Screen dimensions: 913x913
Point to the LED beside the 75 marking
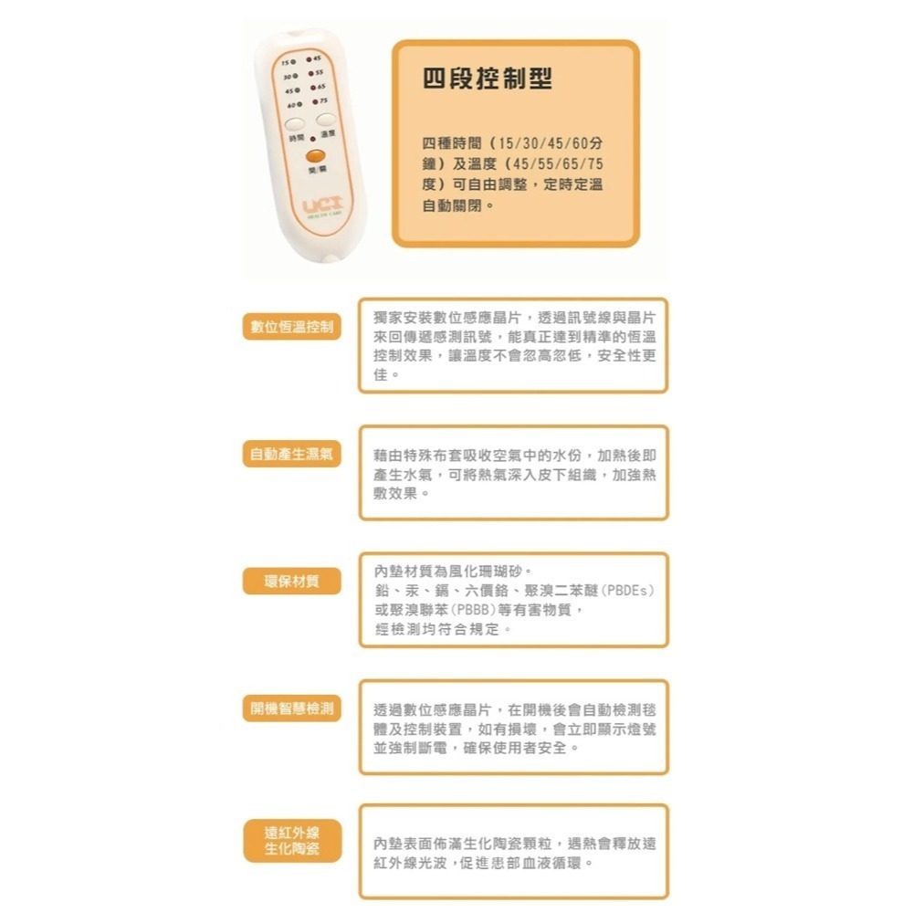(313, 101)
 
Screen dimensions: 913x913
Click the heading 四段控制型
(488, 79)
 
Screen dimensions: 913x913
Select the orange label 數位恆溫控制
(291, 327)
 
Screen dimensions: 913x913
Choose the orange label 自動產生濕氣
(291, 454)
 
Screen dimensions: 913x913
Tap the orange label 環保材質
(291, 581)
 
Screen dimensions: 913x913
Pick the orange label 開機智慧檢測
(291, 708)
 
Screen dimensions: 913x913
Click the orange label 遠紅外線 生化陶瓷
(291, 841)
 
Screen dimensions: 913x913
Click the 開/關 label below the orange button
(316, 170)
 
